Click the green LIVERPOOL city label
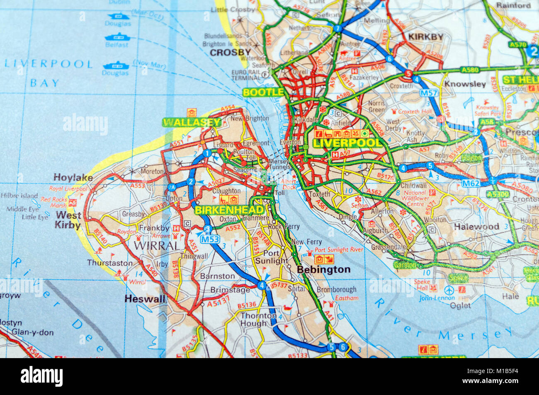click(x=347, y=143)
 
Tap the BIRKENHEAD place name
click(x=229, y=210)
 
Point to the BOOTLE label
click(x=263, y=92)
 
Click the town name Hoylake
click(x=73, y=177)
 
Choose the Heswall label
click(x=145, y=298)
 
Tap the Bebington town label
click(x=324, y=269)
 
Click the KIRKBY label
click(x=426, y=36)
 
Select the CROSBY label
click(x=230, y=52)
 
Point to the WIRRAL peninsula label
click(x=157, y=245)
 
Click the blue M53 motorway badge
click(x=210, y=239)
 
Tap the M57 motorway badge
click(x=429, y=93)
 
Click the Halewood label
click(x=476, y=226)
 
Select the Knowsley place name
click(x=465, y=84)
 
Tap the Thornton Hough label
click(x=259, y=319)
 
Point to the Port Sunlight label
click(x=272, y=257)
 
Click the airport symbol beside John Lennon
click(x=449, y=289)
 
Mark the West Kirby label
click(x=68, y=220)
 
